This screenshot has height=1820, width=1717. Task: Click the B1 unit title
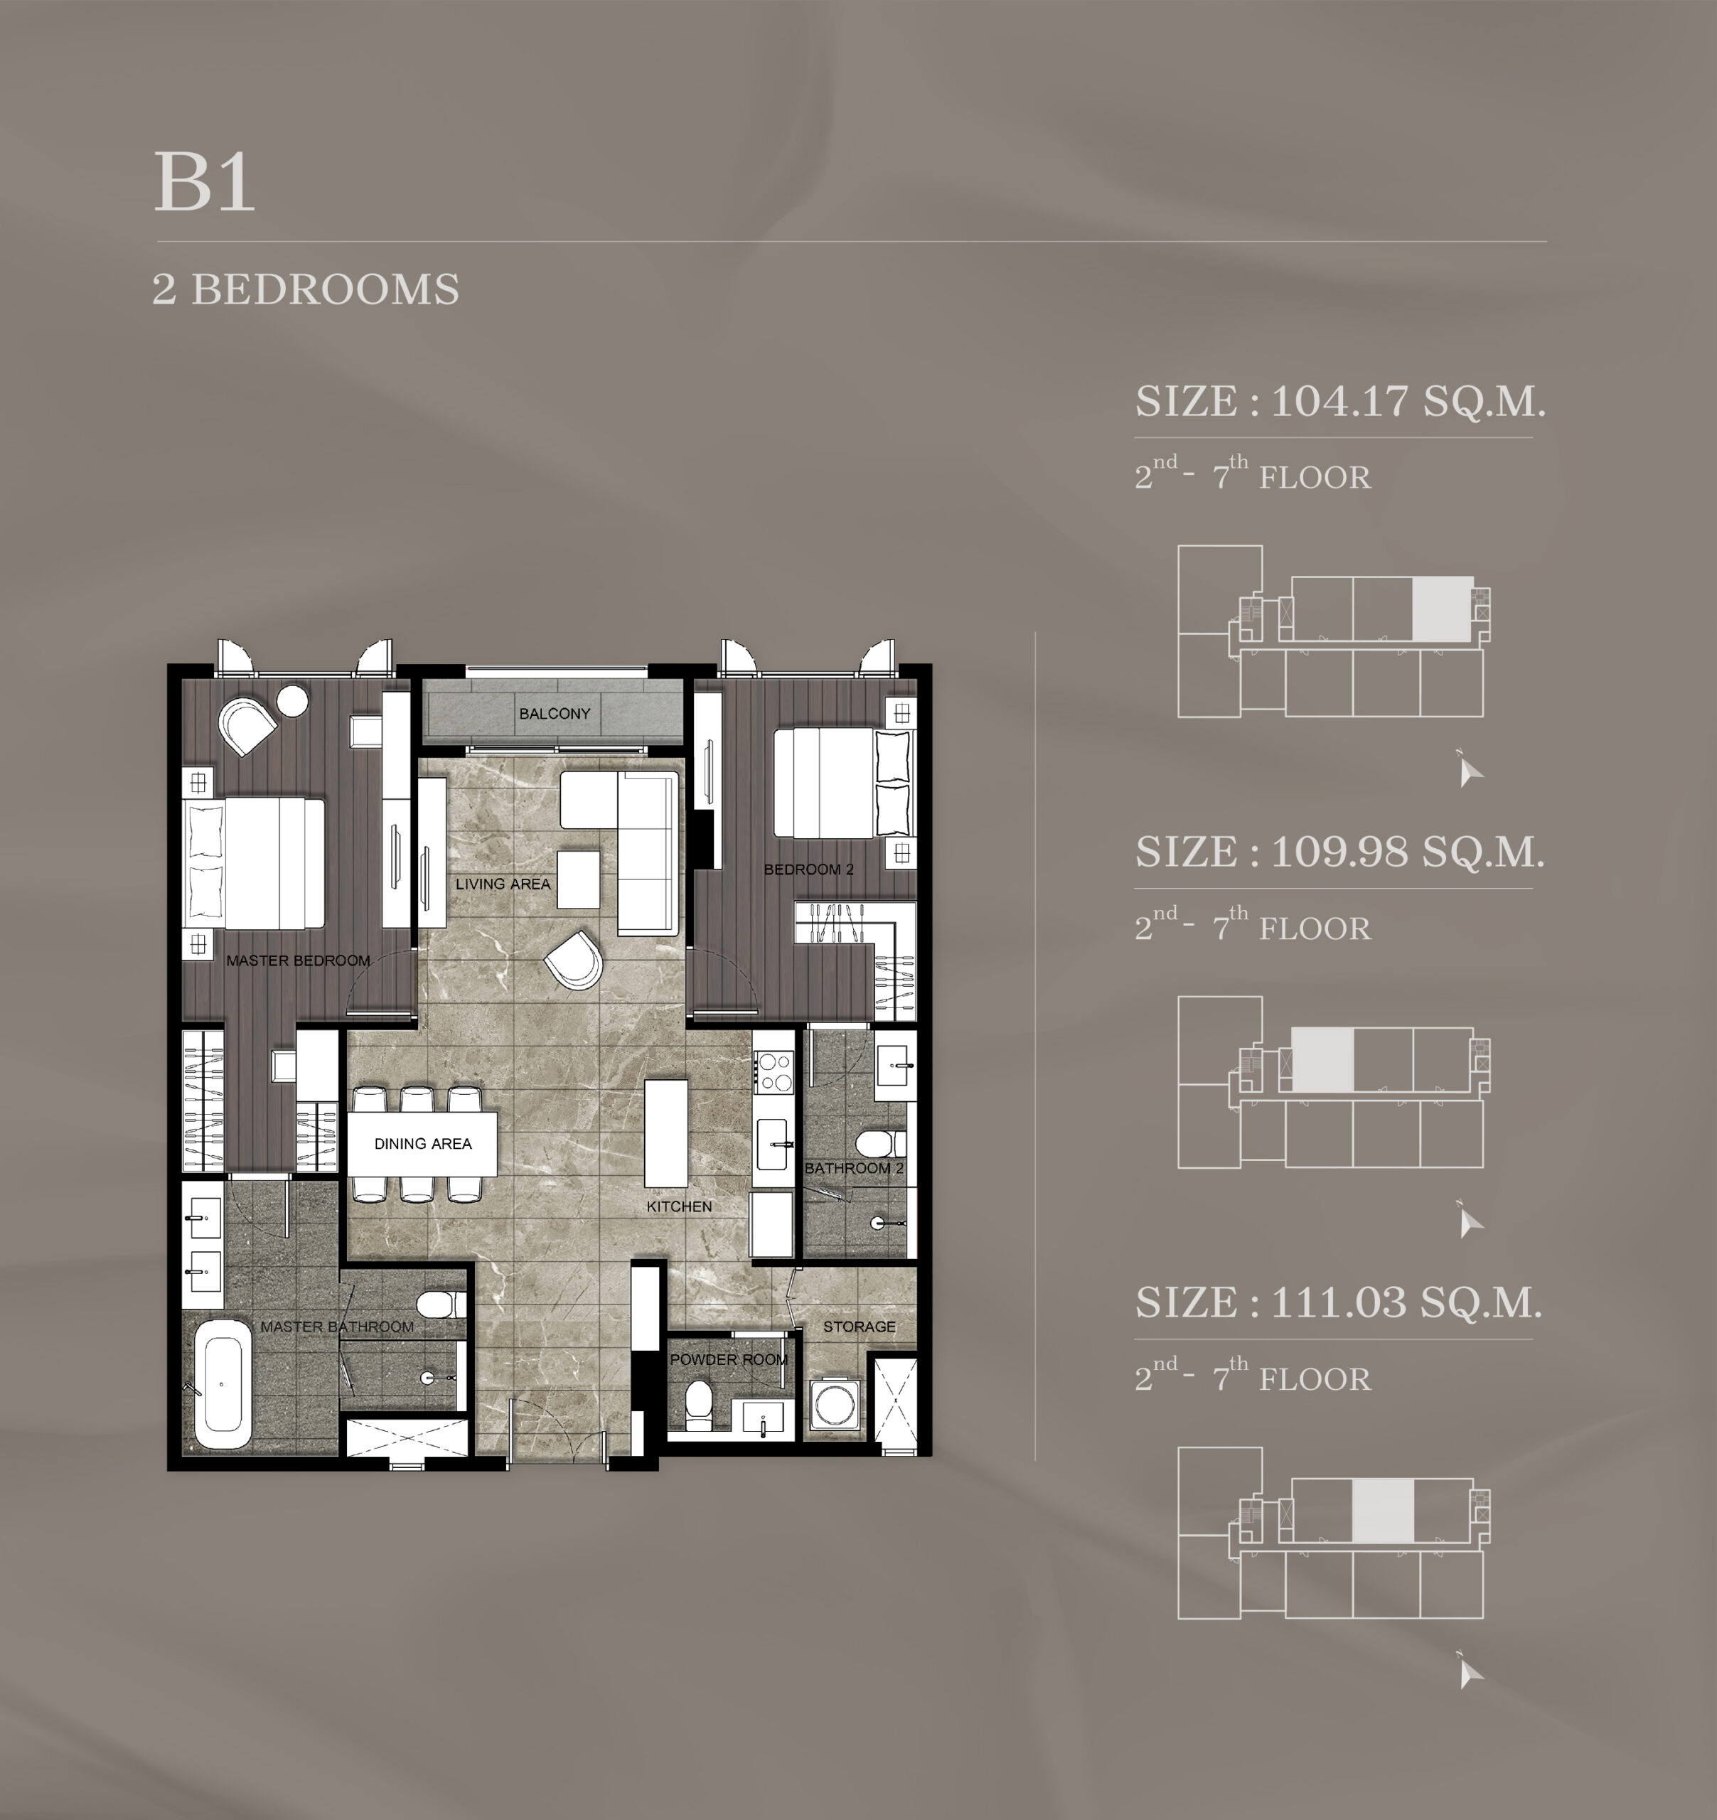[204, 181]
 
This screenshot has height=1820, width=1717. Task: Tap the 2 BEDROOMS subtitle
[306, 289]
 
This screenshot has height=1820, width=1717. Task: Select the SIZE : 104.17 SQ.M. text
[1339, 401]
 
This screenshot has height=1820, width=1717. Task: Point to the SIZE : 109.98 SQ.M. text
[1339, 852]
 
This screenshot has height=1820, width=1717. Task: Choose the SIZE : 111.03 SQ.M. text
[1339, 1302]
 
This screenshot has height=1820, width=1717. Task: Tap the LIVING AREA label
[503, 884]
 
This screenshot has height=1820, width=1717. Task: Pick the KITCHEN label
[678, 1206]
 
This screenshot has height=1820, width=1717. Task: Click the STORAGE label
[859, 1327]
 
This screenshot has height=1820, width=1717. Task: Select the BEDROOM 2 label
[808, 869]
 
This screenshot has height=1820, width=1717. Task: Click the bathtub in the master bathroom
[223, 1391]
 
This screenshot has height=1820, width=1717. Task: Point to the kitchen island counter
[665, 1133]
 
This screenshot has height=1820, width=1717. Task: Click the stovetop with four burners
[773, 1072]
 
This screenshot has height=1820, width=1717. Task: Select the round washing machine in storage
[833, 1404]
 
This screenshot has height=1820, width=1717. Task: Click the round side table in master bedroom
[292, 701]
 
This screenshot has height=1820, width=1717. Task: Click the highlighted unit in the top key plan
[1443, 609]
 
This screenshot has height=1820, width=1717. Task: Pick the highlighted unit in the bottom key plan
[1383, 1511]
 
